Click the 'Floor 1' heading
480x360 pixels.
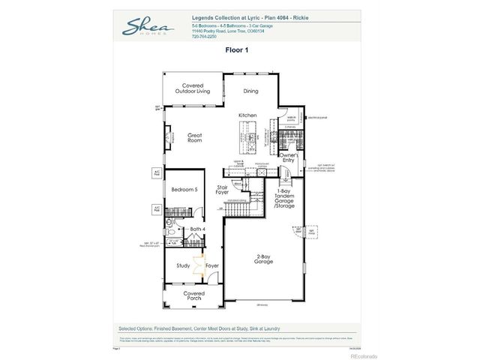tap(236, 50)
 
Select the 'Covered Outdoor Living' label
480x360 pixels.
tap(193, 88)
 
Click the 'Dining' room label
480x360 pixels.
tap(250, 91)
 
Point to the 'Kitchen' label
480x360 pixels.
tap(247, 115)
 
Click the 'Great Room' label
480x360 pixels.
tap(195, 138)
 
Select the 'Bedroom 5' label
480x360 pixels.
tap(184, 190)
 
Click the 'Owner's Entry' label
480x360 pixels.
tap(288, 158)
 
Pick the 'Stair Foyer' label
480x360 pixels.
tap(223, 190)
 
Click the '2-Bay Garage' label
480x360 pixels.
tap(263, 259)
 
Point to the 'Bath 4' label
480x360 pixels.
tap(198, 228)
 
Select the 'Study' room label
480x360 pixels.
tap(183, 265)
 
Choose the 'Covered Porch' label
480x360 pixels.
tap(194, 296)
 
